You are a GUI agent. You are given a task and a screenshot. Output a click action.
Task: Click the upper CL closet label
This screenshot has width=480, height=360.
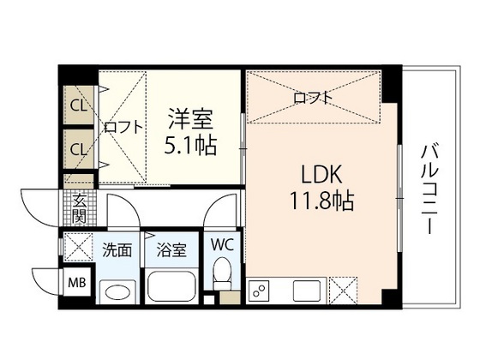coord(79,106)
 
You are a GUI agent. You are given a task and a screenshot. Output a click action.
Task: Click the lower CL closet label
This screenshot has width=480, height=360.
coord(79,149)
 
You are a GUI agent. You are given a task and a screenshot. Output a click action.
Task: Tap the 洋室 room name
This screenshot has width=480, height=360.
coord(190,119)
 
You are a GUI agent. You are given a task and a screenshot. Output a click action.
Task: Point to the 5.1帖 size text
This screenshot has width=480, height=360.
coord(190,145)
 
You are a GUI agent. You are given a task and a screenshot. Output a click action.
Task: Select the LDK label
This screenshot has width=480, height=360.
coord(321,174)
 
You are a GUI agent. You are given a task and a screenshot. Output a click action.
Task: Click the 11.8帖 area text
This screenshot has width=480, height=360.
coord(321,201)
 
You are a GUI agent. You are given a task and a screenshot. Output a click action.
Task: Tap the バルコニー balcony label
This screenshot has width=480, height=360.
coord(429,189)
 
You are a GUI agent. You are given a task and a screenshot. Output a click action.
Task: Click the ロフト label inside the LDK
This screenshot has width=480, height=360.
coord(313,98)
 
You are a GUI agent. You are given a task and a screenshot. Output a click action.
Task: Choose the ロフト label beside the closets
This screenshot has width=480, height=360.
coord(123,127)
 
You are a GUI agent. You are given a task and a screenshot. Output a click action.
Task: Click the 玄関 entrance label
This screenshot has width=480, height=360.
coord(79,208)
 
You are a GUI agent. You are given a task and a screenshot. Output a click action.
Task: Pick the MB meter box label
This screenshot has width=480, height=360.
coord(77,283)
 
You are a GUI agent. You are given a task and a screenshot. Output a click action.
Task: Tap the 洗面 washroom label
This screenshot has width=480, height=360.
coord(117,249)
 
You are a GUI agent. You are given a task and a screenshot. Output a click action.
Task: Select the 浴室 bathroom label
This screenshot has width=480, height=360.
coord(171,249)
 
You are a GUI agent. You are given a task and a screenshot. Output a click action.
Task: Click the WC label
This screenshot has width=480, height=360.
coord(222,245)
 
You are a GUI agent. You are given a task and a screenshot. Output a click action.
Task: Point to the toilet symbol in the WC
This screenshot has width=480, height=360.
coord(222,273)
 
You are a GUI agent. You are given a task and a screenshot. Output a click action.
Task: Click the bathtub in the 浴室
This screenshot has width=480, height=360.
coord(171,287)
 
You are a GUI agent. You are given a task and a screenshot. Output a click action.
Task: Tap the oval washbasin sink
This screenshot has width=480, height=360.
coord(118,291)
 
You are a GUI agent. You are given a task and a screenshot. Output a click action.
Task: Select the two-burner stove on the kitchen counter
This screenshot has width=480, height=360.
coord(259,290)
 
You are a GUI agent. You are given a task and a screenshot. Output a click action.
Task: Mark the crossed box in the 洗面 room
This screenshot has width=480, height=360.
coord(78,247)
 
